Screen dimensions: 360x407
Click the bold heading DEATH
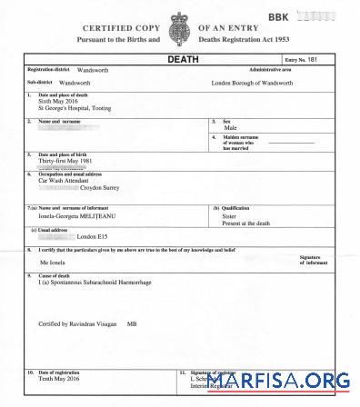tap(181, 59)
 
